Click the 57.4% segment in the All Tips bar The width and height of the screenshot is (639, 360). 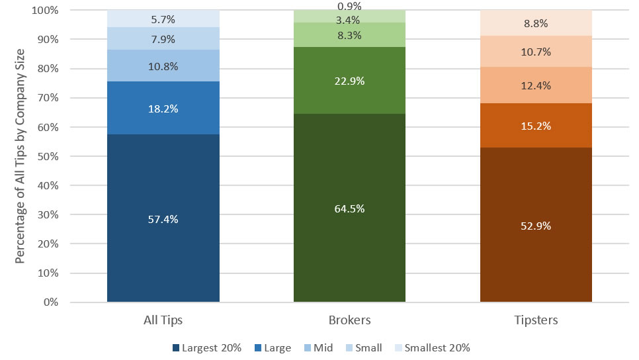[x=163, y=218]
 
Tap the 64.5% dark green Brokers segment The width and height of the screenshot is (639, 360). [x=349, y=208]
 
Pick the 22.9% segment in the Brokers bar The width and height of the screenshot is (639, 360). [x=349, y=81]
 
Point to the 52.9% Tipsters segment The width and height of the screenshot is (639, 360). [x=535, y=225]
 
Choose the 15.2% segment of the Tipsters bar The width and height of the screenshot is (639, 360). [x=535, y=126]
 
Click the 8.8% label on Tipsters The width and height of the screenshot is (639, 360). [x=535, y=22]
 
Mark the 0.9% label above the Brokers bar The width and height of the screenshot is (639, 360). [x=349, y=7]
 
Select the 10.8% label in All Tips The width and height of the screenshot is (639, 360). [x=163, y=68]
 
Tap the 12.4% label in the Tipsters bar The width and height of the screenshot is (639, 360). [x=535, y=85]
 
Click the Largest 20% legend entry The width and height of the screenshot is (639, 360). [x=206, y=347]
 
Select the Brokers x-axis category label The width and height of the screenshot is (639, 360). [x=349, y=320]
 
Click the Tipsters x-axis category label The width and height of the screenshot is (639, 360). [x=535, y=320]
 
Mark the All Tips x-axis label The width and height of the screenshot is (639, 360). [x=163, y=320]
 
